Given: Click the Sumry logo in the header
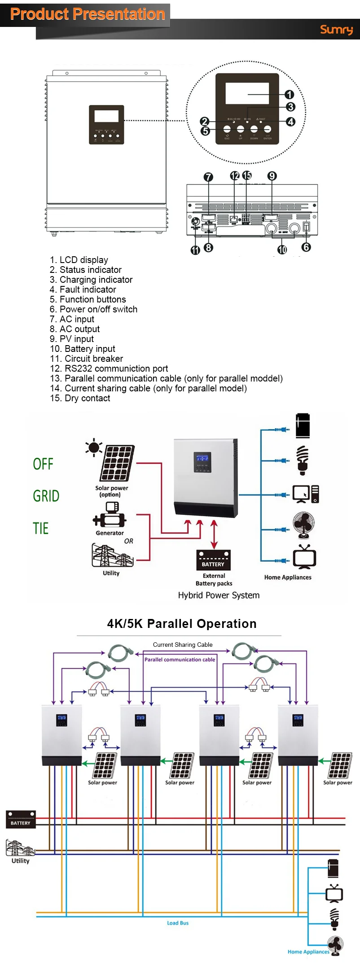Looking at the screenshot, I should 336,30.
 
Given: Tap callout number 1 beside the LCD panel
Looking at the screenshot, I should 289,94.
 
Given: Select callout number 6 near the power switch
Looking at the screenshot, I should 306,247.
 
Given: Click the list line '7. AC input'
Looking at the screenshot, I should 72,319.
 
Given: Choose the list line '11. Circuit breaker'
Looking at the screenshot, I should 86,359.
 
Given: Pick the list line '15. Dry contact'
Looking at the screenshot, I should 80,398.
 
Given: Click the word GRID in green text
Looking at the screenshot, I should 46,496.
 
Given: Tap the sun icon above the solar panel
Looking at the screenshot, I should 94,447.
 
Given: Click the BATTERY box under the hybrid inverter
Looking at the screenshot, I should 214,560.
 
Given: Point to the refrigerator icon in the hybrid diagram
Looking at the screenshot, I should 303,425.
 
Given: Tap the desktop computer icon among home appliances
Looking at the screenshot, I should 305,494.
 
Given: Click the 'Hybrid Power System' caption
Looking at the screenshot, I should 219,595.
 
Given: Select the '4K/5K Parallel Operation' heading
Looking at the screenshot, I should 182,623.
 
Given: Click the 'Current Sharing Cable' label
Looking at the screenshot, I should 183,645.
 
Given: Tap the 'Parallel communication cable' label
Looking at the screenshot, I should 180,659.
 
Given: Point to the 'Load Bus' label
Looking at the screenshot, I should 178,923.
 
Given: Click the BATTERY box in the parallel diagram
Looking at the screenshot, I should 21,820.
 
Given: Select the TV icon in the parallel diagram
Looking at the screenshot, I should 334,893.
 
